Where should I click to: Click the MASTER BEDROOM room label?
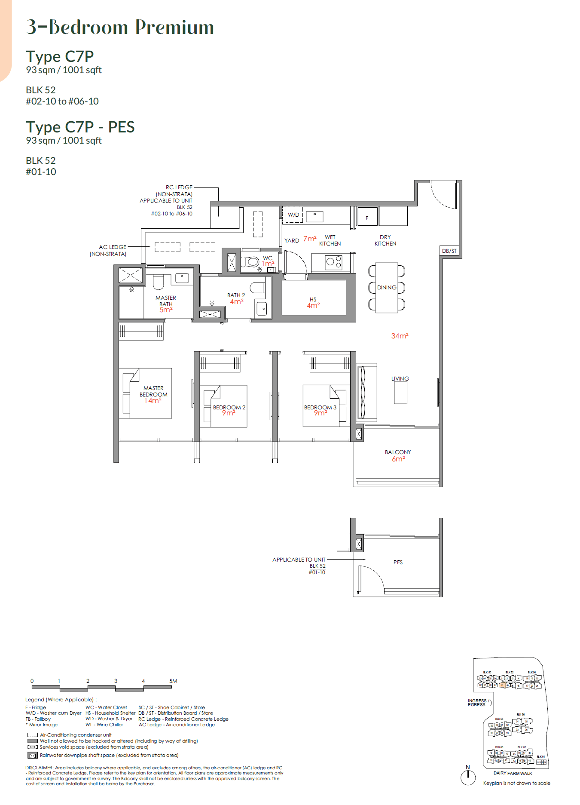(x=153, y=391)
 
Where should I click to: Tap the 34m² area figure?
(x=400, y=336)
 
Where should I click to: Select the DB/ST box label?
(x=449, y=251)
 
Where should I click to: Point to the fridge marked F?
(x=367, y=218)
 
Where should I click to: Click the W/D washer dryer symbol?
(x=294, y=215)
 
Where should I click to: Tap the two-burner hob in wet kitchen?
(x=333, y=262)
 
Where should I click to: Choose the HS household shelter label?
(x=313, y=299)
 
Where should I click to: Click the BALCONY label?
(x=398, y=452)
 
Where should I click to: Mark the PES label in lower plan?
(x=398, y=562)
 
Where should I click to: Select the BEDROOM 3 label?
(x=320, y=407)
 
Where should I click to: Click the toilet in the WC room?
(x=250, y=261)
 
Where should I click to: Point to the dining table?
(x=387, y=287)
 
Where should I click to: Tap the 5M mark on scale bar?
(x=173, y=681)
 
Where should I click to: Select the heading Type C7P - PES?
(x=80, y=127)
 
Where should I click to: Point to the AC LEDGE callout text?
(x=113, y=247)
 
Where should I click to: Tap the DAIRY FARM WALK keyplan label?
(x=513, y=773)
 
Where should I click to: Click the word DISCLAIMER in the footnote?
(x=39, y=768)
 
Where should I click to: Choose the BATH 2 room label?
(x=236, y=295)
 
